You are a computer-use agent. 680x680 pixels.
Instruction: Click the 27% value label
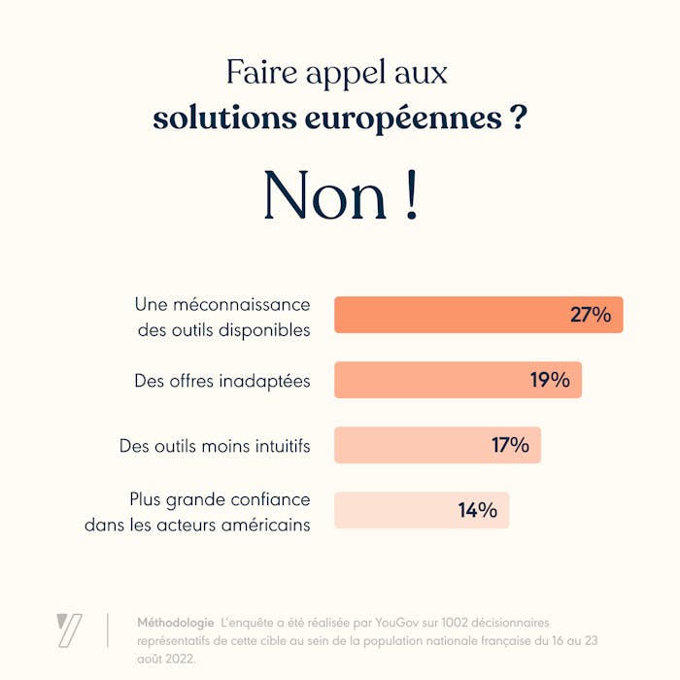(590, 315)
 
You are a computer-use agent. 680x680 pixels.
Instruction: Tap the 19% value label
(550, 380)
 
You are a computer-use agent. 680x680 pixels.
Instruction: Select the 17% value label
(510, 445)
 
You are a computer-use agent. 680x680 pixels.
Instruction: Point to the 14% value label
(478, 510)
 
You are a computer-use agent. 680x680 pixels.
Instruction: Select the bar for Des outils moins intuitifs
(408, 445)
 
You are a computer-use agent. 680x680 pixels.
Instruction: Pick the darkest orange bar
(447, 315)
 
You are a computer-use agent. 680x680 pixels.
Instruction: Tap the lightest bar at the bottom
(389, 510)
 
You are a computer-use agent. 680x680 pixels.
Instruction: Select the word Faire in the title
(255, 74)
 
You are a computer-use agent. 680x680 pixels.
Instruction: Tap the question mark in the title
(519, 119)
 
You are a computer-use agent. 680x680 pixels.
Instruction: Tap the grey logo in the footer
(69, 629)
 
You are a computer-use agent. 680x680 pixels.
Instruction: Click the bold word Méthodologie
(176, 622)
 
